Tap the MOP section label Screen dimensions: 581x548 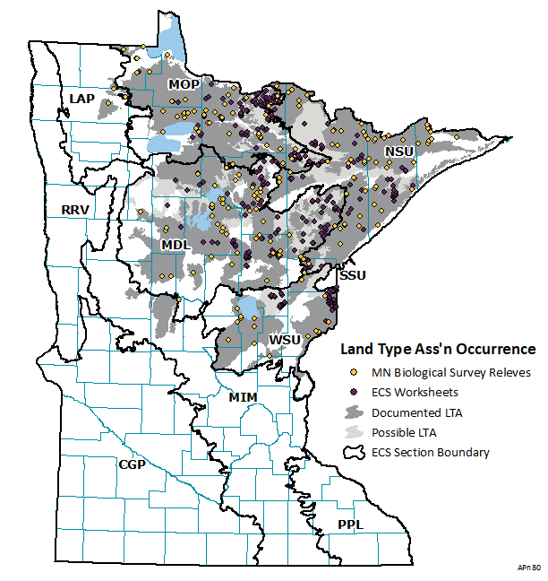[184, 83]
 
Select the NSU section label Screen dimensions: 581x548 [398, 152]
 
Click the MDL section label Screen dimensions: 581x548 [176, 245]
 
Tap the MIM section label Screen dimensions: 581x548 [243, 396]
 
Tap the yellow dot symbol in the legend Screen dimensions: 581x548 [354, 372]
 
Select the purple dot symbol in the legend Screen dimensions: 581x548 [354, 392]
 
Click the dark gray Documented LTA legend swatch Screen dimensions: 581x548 [354, 412]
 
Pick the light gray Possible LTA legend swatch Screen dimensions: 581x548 [354, 433]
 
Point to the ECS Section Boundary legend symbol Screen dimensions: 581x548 [354, 453]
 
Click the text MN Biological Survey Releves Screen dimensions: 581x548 [451, 372]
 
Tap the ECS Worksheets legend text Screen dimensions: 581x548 [415, 392]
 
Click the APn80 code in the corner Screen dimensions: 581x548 [527, 568]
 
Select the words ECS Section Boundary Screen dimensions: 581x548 [431, 453]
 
